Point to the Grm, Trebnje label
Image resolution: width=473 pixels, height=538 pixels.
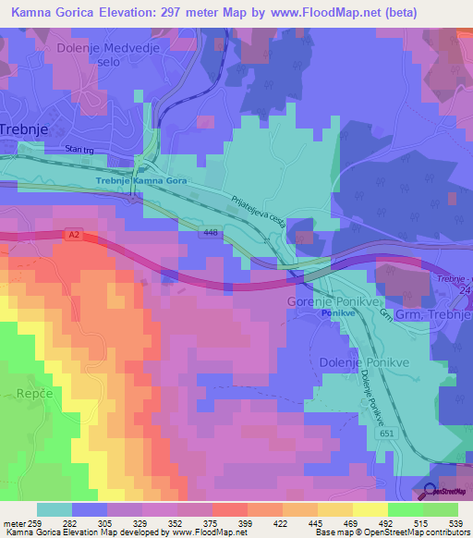[x=433, y=315]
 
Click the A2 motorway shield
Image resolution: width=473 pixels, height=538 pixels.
[x=73, y=236]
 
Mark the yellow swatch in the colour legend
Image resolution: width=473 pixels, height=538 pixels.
[x=370, y=509]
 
